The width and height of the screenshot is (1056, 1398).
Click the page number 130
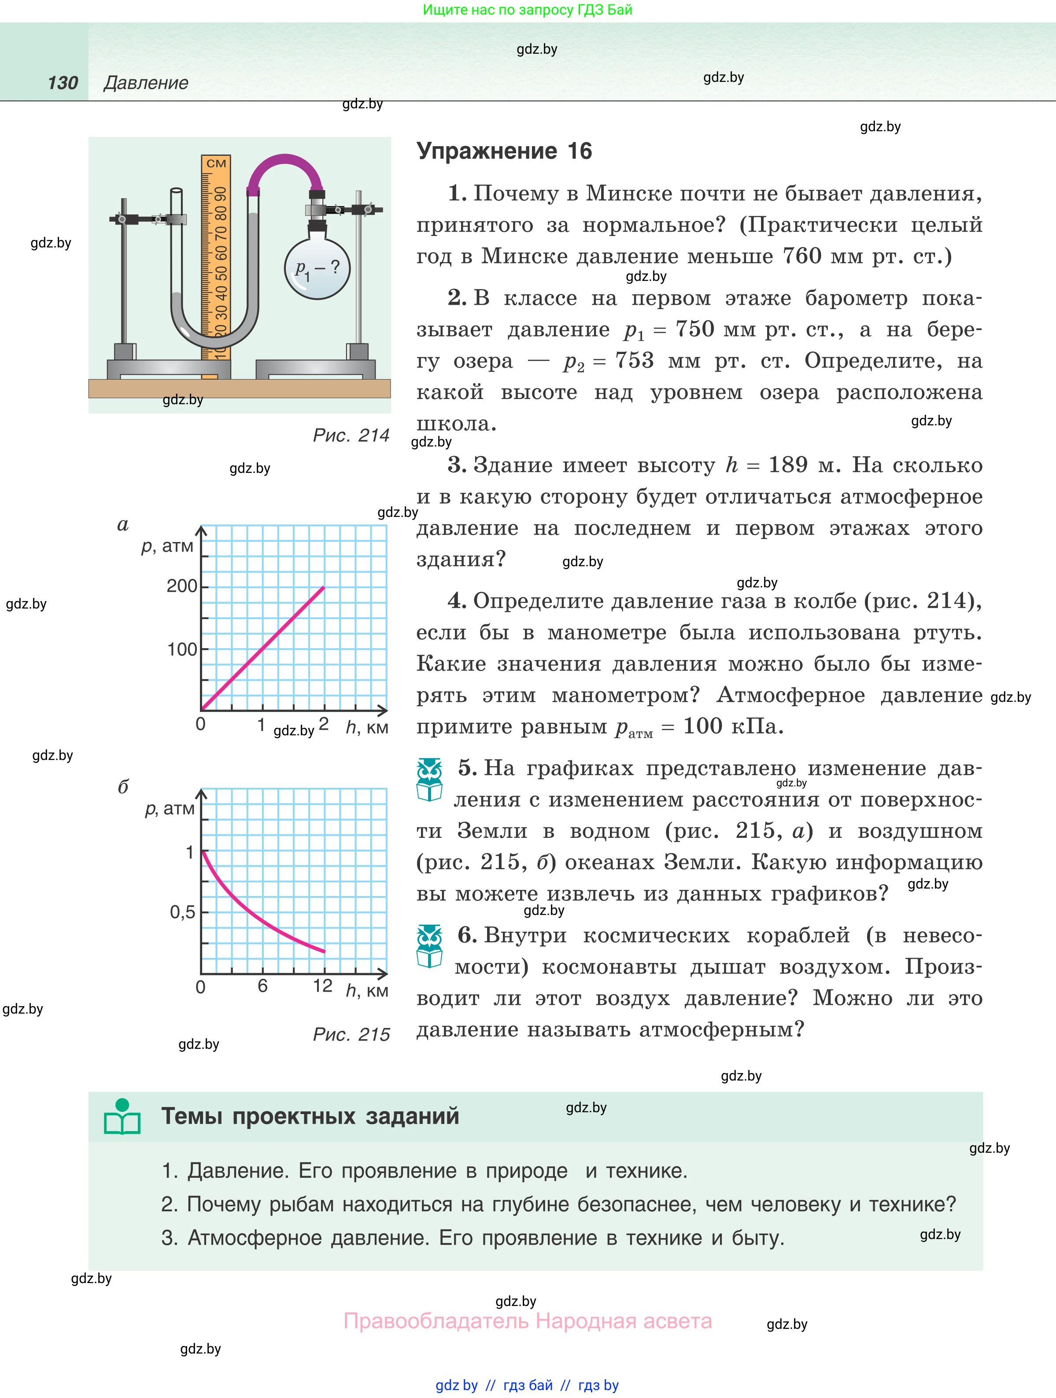tap(63, 83)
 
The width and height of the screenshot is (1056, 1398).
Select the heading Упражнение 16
tap(504, 151)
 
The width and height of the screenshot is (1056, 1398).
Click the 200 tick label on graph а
tap(182, 586)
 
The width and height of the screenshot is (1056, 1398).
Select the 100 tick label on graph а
tap(182, 649)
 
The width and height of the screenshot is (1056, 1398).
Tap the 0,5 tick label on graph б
tap(182, 912)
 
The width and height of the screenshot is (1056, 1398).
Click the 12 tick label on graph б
tap(322, 985)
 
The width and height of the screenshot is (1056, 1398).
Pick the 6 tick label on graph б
tap(262, 986)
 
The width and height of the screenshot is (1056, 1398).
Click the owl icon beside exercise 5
tap(430, 780)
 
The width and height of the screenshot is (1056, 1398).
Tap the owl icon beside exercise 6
tap(430, 947)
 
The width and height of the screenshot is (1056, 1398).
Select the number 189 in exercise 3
tap(787, 465)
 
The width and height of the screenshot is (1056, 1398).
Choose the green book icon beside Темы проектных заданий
tap(122, 1117)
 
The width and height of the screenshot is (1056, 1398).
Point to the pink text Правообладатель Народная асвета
tap(528, 1321)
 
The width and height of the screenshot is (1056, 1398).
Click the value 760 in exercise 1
tap(802, 256)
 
